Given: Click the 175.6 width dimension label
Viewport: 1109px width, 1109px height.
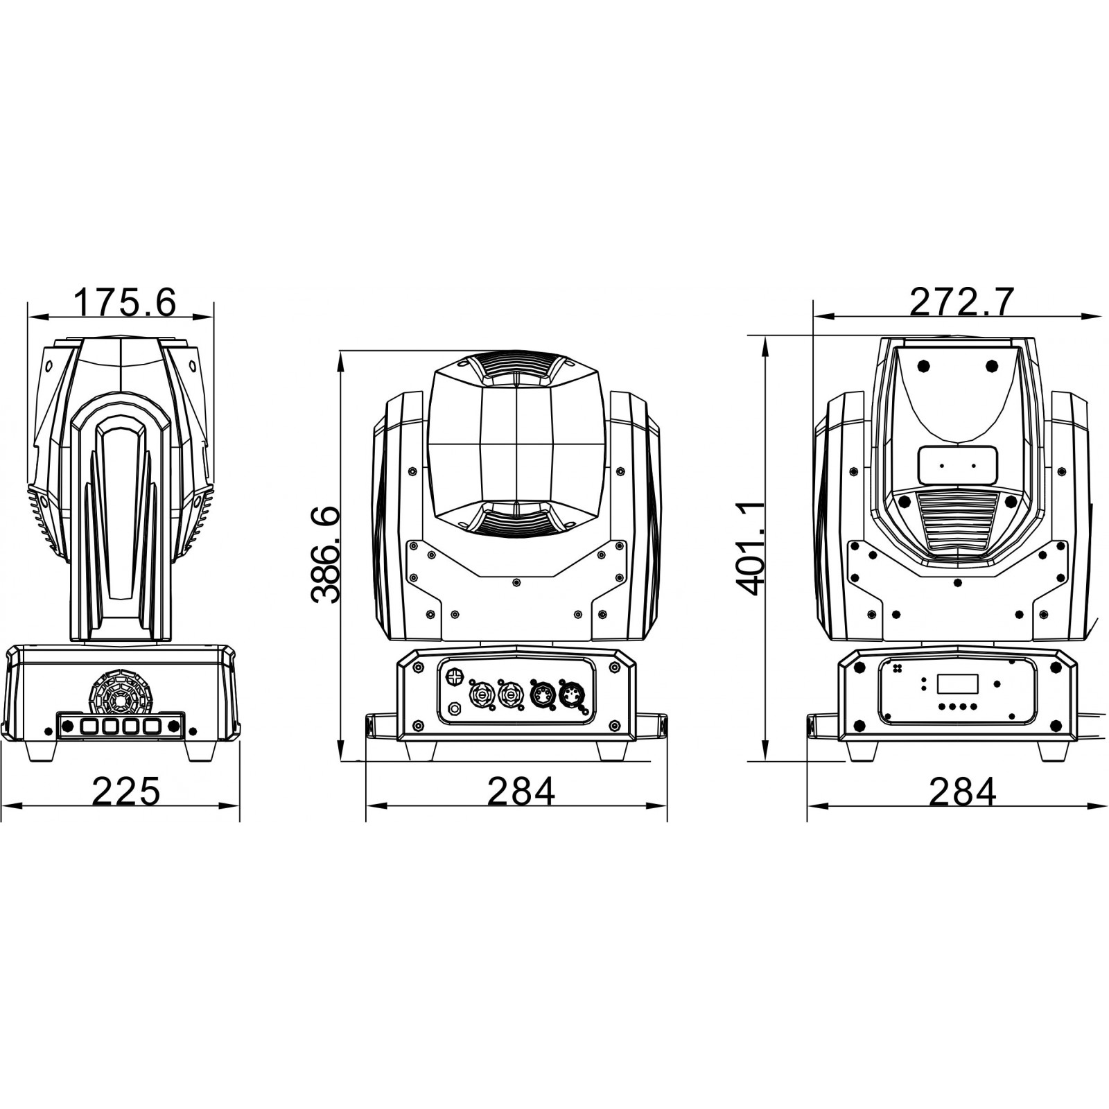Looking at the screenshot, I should [125, 302].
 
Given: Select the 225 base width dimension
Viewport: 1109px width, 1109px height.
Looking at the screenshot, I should [126, 791].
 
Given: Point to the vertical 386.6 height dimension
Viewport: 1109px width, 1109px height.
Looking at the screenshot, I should [326, 554].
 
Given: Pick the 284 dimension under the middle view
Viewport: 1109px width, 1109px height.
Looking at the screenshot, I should [521, 791].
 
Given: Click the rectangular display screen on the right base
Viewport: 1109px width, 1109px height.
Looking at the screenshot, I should [957, 683].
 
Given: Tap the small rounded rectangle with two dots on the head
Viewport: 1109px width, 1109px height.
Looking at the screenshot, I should [957, 465].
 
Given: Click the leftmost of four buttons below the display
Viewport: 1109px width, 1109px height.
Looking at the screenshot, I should [941, 707].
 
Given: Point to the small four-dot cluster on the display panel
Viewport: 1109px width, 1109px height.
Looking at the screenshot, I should [899, 669].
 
